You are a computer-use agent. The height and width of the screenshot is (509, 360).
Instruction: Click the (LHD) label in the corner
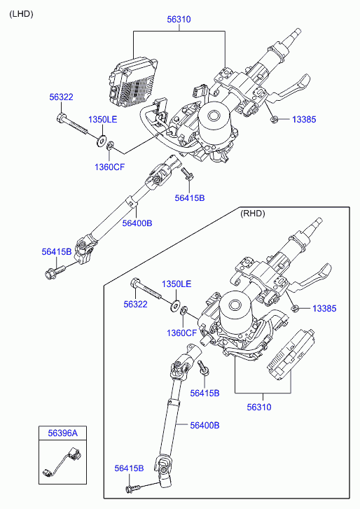point(22,14)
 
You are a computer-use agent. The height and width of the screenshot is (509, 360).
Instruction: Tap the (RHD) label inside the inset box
point(253,214)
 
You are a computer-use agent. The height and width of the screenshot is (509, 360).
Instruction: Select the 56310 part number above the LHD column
point(179,20)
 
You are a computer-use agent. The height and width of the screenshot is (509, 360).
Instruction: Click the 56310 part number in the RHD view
point(259,407)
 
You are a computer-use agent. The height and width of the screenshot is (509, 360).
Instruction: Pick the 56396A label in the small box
point(62,433)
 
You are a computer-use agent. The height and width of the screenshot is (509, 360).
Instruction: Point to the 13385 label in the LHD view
point(304,120)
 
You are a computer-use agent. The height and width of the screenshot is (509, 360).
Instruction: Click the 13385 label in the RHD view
point(324,308)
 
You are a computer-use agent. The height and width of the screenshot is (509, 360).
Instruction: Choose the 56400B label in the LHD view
point(137,223)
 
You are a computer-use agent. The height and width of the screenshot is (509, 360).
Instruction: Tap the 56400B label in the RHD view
point(205,425)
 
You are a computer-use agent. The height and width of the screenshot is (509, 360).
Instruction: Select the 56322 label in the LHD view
point(62,97)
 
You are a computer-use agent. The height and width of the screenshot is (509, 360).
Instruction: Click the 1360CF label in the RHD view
point(182,333)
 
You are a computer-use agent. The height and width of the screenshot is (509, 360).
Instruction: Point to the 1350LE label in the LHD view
point(102,120)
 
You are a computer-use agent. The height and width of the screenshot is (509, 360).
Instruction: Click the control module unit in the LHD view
point(132,83)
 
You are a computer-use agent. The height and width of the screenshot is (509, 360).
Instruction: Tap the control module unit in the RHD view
point(291,354)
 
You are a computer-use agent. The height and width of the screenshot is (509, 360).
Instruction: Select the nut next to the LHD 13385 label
point(274,120)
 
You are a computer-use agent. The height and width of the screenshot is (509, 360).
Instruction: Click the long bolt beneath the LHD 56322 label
point(72,124)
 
